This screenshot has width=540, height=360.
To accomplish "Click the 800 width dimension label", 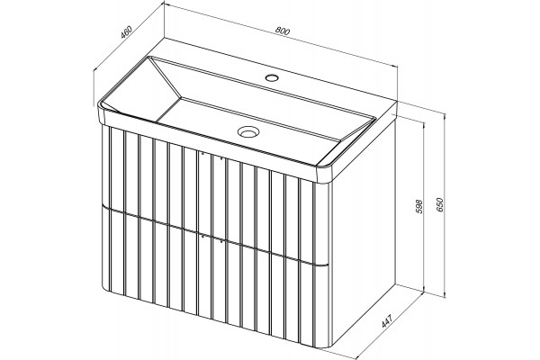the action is click(x=283, y=31).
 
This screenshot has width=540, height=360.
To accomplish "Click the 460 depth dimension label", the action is click(x=126, y=32).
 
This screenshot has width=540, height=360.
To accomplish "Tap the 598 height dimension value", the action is click(x=419, y=206).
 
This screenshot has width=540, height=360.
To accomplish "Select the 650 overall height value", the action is click(x=442, y=204).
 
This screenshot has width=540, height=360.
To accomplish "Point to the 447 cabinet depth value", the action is click(x=387, y=318).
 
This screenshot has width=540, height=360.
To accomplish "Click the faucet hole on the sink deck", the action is click(x=272, y=77).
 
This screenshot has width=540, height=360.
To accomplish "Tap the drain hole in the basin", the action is click(x=247, y=131).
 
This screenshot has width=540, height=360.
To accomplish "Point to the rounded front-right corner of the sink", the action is click(x=326, y=172).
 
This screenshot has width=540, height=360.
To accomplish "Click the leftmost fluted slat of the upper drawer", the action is click(x=105, y=166).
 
